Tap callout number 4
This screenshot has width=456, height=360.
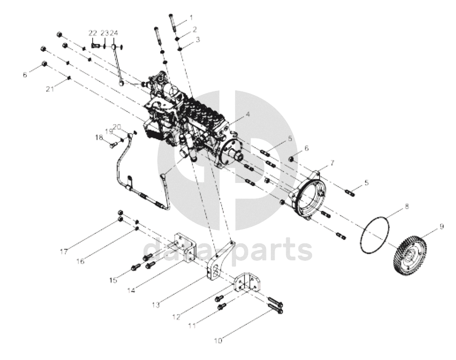[248, 114]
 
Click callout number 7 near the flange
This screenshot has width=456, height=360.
[332, 163]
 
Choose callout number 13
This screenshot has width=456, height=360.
[156, 305]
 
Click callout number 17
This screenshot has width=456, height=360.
[64, 252]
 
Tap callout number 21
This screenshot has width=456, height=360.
[50, 89]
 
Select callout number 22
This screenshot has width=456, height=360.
[92, 33]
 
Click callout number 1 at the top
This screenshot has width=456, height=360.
[191, 18]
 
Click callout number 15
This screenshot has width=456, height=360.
[113, 280]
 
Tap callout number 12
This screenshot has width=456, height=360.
[176, 317]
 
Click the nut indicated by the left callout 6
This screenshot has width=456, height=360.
[44, 64]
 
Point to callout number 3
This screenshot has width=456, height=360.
[198, 39]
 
